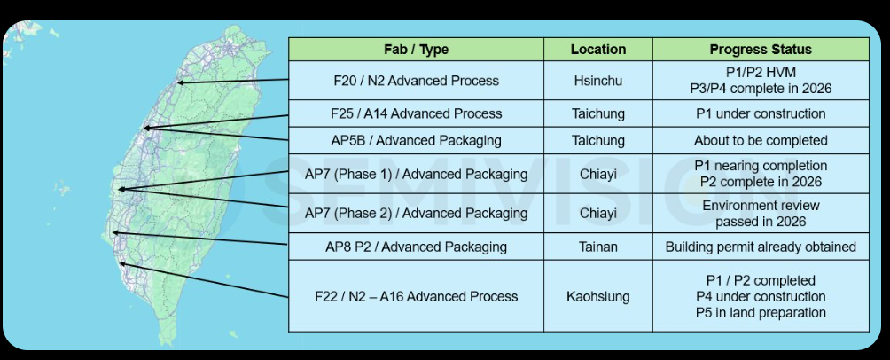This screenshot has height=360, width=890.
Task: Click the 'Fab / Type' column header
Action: [416, 50]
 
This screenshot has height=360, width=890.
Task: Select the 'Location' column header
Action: [597, 50]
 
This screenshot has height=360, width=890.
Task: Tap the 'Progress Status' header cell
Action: [761, 50]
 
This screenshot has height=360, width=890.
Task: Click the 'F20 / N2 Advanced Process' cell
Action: [416, 81]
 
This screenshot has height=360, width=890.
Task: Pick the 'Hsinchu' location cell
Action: [597, 81]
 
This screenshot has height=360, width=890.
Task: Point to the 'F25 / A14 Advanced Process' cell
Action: [416, 113]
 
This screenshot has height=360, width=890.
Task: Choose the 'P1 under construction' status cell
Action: [761, 113]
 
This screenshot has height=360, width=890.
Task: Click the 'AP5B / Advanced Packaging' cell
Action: [416, 140]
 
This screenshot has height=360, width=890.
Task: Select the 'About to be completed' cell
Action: [761, 140]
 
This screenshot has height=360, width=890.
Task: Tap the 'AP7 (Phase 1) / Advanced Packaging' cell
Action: [416, 174]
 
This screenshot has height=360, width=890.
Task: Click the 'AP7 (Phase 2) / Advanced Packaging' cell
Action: [416, 213]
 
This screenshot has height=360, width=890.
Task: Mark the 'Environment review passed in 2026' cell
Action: [761, 213]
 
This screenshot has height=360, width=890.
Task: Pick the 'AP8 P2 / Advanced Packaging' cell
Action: [416, 247]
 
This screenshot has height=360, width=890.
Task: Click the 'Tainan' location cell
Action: [597, 247]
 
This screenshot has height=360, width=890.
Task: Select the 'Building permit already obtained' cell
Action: [761, 247]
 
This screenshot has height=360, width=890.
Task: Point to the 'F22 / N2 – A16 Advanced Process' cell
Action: [416, 296]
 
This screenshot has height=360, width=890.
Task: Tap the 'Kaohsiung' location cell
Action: [597, 296]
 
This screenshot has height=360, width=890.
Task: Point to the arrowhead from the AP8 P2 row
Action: [114, 232]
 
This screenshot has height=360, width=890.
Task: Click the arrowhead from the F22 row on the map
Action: [121, 263]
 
